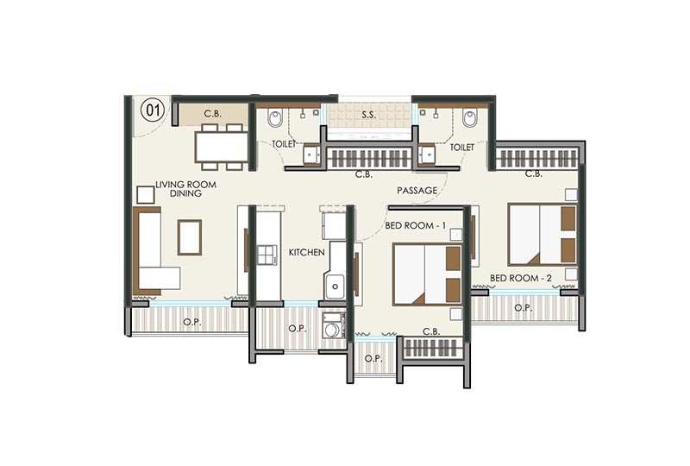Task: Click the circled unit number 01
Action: pyautogui.click(x=153, y=110)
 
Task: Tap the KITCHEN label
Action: pyautogui.click(x=307, y=252)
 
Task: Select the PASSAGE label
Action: pyautogui.click(x=417, y=191)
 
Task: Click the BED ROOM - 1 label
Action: pyautogui.click(x=416, y=225)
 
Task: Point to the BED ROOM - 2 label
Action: pyautogui.click(x=521, y=279)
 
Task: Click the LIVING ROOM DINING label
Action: pyautogui.click(x=185, y=189)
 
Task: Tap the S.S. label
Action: pyautogui.click(x=369, y=115)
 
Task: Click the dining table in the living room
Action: pyautogui.click(x=222, y=147)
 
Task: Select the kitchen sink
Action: pyautogui.click(x=335, y=286)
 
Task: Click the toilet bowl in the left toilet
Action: pyautogui.click(x=275, y=118)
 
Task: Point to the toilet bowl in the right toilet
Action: pyautogui.click(x=469, y=118)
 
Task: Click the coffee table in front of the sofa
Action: pyautogui.click(x=190, y=237)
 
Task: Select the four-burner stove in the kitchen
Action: pyautogui.click(x=267, y=255)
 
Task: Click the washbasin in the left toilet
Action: pyautogui.click(x=313, y=154)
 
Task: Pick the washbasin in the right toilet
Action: pyautogui.click(x=426, y=154)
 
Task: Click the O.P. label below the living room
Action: pyautogui.click(x=192, y=323)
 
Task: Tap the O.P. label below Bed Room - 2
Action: pyautogui.click(x=524, y=308)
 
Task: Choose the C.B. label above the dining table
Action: pyautogui.click(x=212, y=114)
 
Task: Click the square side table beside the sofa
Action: pyautogui.click(x=146, y=195)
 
